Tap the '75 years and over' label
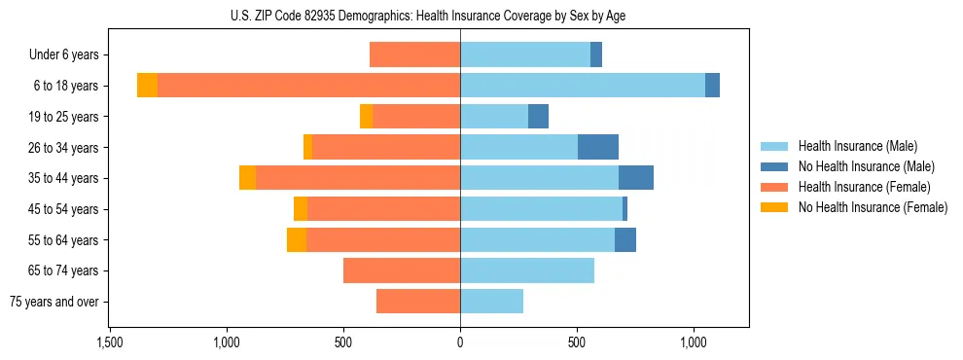[54, 302]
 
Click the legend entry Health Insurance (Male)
[857, 146]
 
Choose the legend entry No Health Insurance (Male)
[866, 166]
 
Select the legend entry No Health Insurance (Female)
[873, 207]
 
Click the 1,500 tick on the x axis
[109, 342]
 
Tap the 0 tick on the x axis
[460, 342]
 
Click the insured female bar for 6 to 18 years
[308, 86]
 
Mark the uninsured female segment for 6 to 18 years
[147, 86]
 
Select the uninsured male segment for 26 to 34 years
[598, 147]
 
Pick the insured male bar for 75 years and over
[491, 302]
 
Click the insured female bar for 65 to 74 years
[402, 270]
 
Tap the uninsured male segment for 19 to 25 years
[538, 117]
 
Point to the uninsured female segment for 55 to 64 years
[297, 239]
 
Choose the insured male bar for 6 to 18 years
[583, 86]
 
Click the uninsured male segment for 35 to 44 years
[636, 178]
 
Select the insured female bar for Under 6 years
[415, 55]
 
